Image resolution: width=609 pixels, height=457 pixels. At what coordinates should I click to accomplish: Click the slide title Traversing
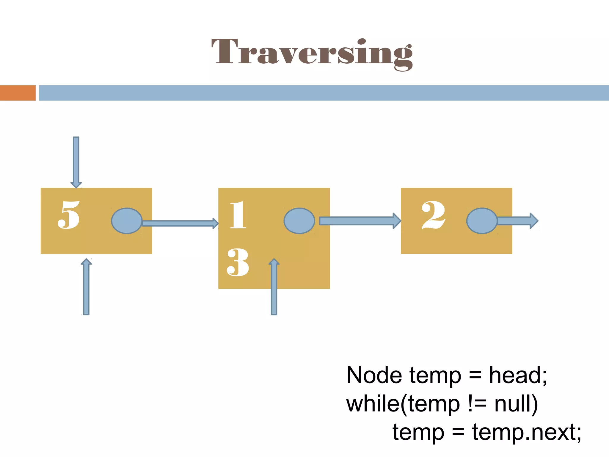pos(312,53)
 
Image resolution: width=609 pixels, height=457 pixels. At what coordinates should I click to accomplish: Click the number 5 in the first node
pos(69,215)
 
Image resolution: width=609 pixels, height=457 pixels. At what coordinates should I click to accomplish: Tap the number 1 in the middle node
pos(238,215)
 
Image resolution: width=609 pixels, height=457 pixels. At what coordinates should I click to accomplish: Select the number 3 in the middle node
pos(238,262)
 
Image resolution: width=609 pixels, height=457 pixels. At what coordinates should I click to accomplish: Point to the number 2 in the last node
pos(433,215)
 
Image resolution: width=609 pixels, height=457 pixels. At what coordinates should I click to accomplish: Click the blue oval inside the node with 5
pos(127,221)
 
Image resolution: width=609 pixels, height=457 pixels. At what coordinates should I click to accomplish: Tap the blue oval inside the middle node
pos(299,221)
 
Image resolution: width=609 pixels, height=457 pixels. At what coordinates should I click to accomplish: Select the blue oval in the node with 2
pos(482,221)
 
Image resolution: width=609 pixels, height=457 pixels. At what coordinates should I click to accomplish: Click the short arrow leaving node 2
pos(517,221)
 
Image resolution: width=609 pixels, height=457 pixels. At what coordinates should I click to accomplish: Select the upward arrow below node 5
pos(86,287)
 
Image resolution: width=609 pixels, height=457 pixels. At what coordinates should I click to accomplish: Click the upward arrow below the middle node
pos(274,287)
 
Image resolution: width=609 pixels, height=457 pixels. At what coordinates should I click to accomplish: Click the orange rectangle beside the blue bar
pos(18,93)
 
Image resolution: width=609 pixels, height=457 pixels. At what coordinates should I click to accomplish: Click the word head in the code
pos(517,375)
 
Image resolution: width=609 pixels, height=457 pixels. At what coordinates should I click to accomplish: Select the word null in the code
pos(516,404)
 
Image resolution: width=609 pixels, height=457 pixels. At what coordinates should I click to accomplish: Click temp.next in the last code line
pos(526,432)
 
